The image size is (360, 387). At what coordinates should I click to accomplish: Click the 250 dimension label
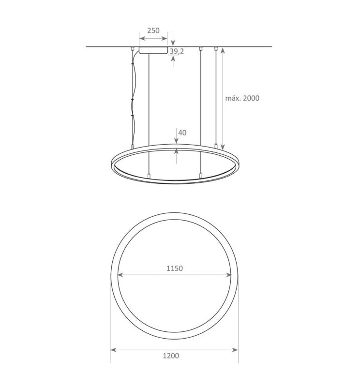[153, 30]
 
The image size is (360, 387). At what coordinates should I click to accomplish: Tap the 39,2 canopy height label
[176, 51]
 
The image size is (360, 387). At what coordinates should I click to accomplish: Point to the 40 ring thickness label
[182, 133]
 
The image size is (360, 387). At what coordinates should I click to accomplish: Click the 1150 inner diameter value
[174, 268]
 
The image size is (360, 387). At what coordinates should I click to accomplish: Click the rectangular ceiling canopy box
[153, 50]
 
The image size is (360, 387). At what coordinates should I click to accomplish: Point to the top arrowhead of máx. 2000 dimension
[222, 49]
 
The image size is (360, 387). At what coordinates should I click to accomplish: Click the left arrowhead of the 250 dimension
[141, 37]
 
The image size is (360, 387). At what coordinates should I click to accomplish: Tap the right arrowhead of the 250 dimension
[165, 37]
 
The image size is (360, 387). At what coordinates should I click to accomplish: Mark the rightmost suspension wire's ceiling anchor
[216, 48]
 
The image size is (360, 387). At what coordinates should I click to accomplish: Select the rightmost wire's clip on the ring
[216, 146]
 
